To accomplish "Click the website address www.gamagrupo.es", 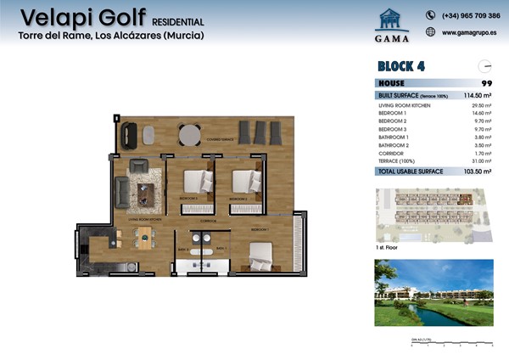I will (x=469, y=32).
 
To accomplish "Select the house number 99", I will (x=487, y=82).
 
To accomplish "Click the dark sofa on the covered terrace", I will (x=131, y=134).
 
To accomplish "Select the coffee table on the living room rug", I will (x=149, y=190).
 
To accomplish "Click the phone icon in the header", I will (x=430, y=14).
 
